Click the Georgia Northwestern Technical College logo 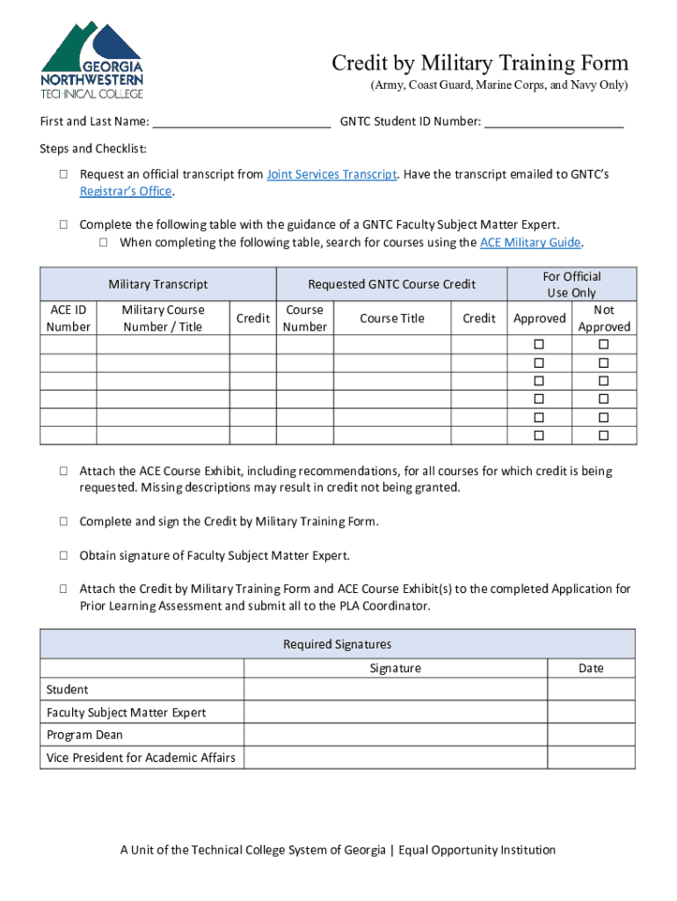click(91, 59)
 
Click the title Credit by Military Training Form click(480, 63)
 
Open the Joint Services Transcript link click(331, 174)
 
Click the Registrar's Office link click(126, 191)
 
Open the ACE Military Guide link click(530, 242)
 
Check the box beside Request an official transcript click(64, 175)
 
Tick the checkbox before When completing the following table click(103, 243)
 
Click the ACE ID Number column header click(68, 319)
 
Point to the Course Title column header click(392, 319)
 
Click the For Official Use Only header click(571, 284)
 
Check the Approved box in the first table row click(539, 344)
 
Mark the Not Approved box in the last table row click(604, 436)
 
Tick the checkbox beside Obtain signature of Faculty click(64, 556)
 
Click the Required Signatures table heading click(337, 644)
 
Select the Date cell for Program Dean click(590, 735)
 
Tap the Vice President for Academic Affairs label click(141, 758)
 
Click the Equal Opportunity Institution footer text click(477, 850)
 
